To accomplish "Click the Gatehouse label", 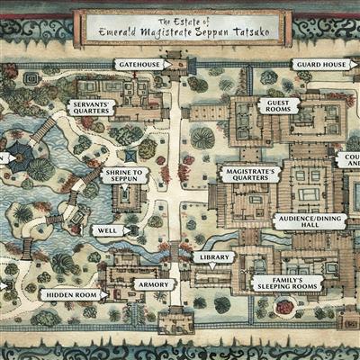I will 140,65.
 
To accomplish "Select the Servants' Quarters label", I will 89,108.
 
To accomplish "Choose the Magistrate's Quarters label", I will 247,174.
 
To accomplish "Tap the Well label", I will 108,230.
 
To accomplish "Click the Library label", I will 212,257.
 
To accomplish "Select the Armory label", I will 153,284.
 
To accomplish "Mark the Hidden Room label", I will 71,294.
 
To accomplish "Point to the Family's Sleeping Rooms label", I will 277,284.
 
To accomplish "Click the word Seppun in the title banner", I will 221,32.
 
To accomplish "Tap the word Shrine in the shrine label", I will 118,170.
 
